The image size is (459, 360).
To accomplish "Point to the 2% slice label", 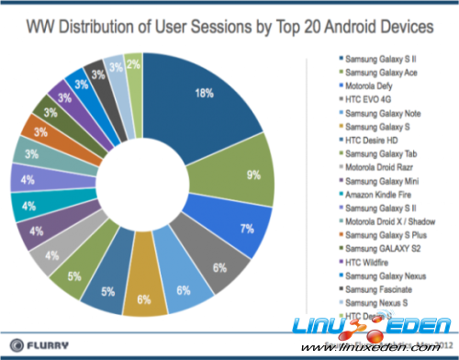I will point(134,65).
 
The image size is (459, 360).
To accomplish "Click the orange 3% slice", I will point(41,134).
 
